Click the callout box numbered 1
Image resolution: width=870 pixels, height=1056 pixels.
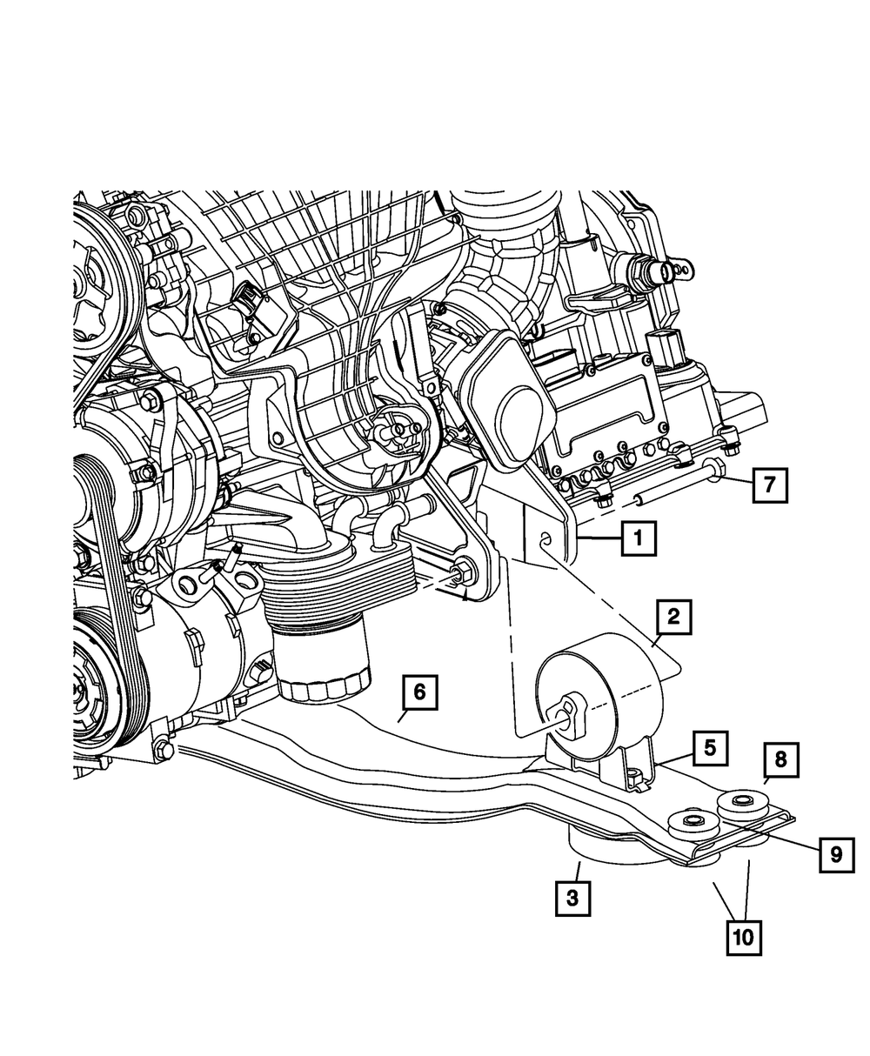[638, 539]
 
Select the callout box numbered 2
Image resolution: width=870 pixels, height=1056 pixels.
[673, 618]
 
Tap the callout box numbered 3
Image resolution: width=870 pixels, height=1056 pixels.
[572, 898]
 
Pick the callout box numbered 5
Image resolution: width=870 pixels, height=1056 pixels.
[710, 747]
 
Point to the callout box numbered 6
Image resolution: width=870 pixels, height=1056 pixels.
[419, 693]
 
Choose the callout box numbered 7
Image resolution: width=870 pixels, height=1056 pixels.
[768, 485]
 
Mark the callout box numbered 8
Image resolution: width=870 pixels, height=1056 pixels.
[780, 759]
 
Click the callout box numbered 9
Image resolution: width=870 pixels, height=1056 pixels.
[835, 855]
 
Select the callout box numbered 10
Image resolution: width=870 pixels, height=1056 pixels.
[745, 938]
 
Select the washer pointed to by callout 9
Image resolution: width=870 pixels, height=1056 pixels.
[691, 821]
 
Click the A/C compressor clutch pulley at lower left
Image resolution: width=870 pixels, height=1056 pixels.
[96, 687]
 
